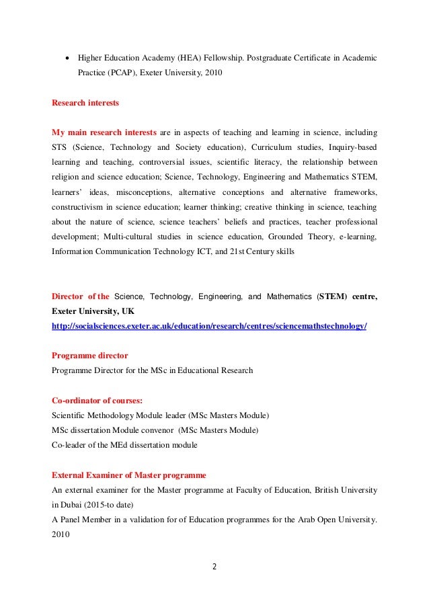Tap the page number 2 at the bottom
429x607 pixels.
click(x=214, y=566)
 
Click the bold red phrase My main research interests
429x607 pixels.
click(x=104, y=131)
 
